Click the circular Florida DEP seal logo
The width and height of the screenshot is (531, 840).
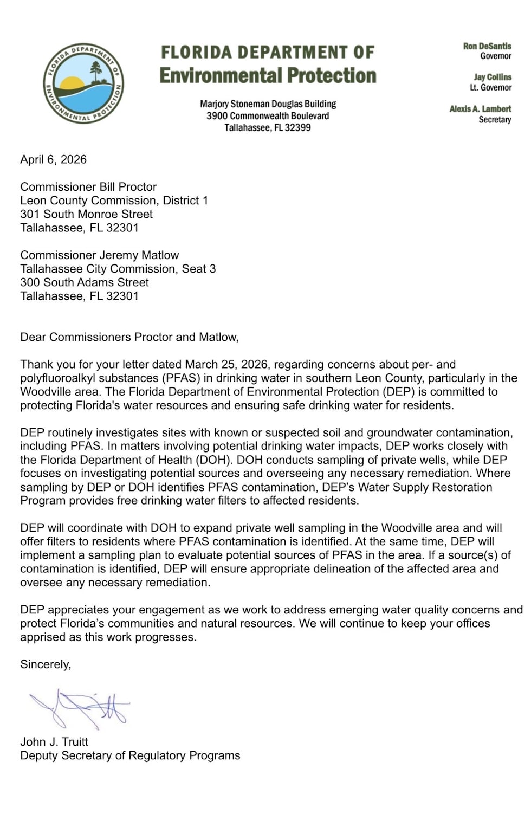click(x=83, y=83)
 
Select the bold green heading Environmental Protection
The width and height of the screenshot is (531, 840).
click(x=268, y=76)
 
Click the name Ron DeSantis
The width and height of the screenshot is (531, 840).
click(x=487, y=46)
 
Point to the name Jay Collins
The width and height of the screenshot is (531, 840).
click(x=492, y=77)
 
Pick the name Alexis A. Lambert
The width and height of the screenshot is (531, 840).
click(x=480, y=109)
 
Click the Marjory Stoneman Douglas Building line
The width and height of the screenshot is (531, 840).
click(x=268, y=104)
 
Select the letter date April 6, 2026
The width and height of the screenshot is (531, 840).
click(x=53, y=159)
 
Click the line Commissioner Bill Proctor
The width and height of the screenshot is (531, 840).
click(x=88, y=187)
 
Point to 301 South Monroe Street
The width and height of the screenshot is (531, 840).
click(x=86, y=214)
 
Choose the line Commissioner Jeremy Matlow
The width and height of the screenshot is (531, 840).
click(x=99, y=255)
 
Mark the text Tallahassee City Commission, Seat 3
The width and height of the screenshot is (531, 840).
click(x=118, y=269)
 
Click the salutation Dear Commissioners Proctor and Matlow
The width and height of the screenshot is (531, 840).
click(x=129, y=337)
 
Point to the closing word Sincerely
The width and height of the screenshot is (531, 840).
click(x=45, y=664)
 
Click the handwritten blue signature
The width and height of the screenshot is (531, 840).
click(x=81, y=708)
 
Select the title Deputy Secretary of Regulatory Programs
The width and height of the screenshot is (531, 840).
click(x=130, y=755)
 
